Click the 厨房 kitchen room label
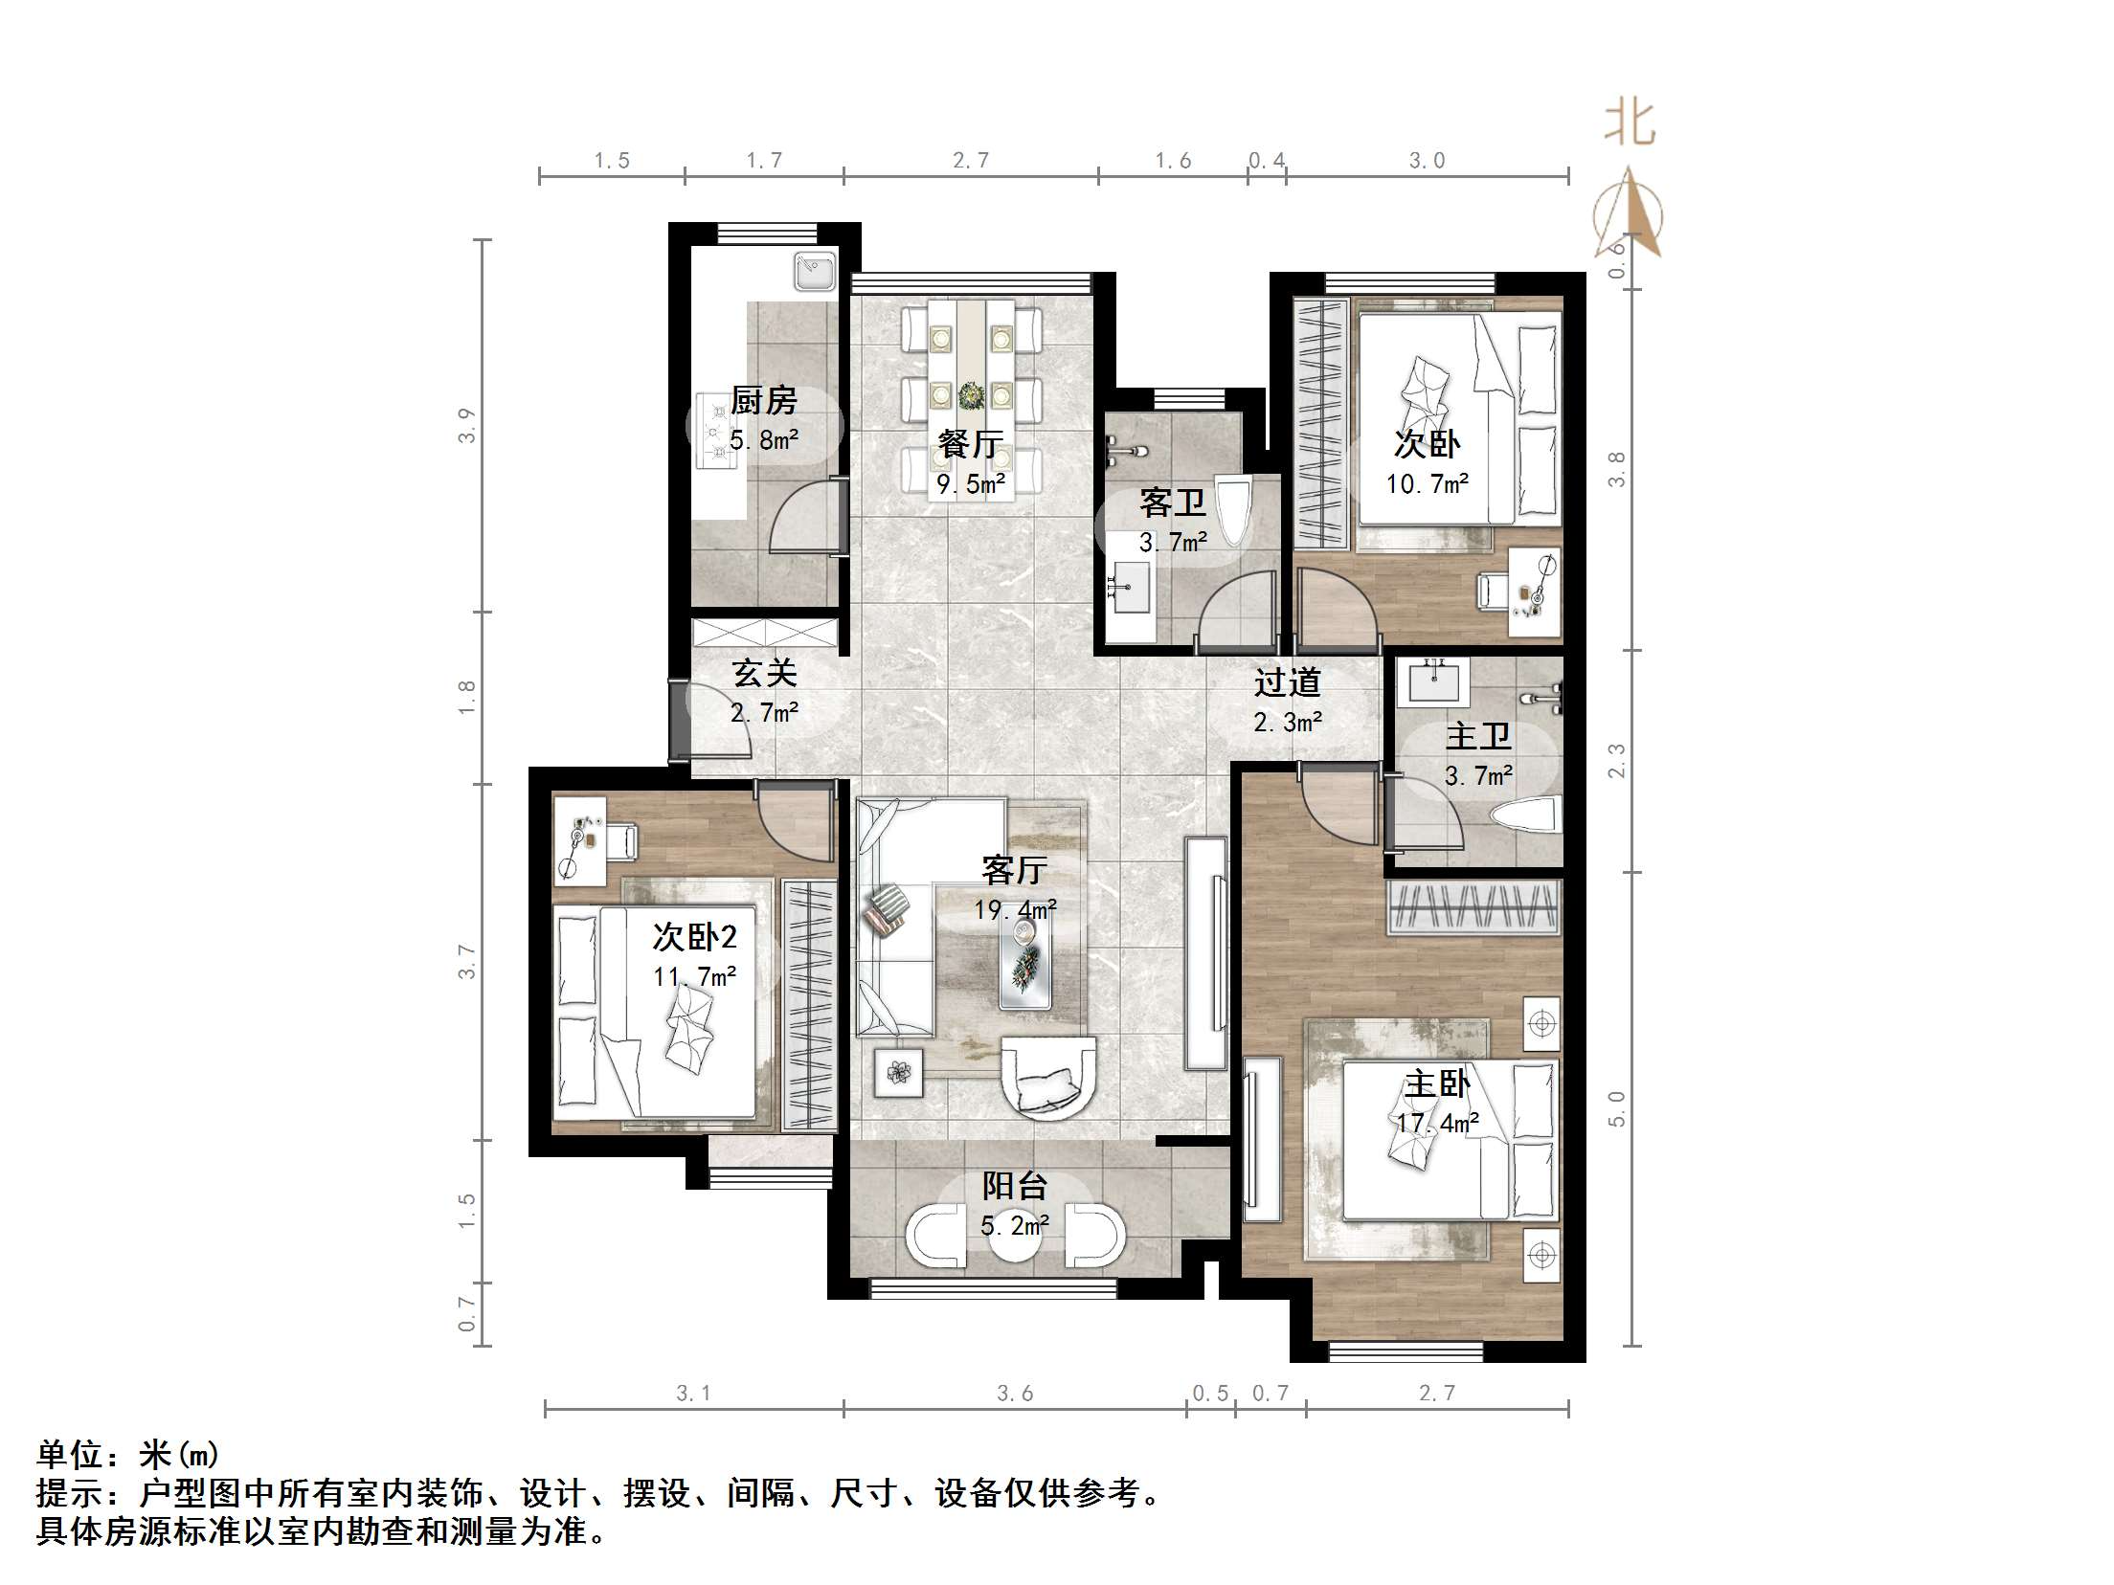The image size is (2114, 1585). point(763,400)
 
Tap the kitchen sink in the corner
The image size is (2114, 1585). point(815,270)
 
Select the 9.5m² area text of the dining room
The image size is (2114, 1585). point(970,484)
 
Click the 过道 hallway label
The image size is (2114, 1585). point(1287,682)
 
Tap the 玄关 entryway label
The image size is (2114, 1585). point(764,673)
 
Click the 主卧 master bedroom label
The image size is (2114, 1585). point(1436,1083)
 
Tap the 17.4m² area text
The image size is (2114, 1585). point(1436,1123)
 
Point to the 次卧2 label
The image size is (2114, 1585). point(694,936)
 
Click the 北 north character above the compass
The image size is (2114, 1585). point(1630,124)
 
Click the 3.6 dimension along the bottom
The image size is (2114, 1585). point(1014,1394)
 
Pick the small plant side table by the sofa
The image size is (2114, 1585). point(898,1073)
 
